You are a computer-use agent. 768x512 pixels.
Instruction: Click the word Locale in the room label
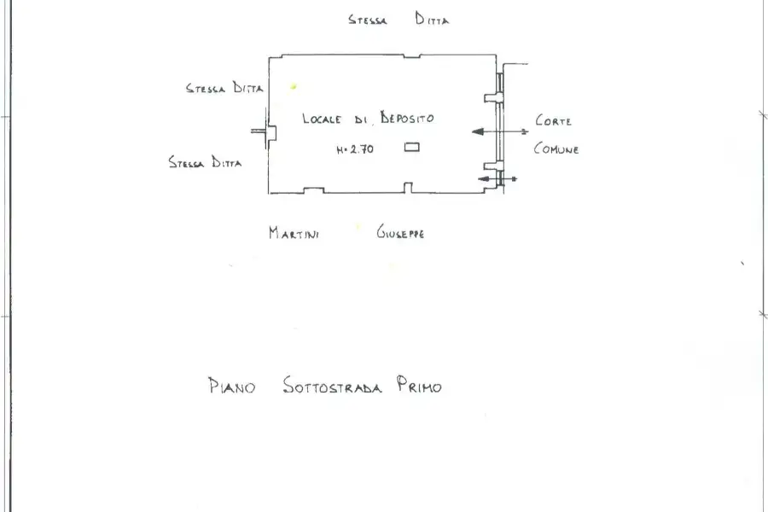[x=322, y=119]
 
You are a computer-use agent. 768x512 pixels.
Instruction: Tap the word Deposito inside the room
[x=407, y=118]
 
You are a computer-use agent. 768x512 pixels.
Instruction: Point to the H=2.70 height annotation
[x=355, y=149]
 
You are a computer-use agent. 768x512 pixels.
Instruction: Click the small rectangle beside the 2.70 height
[x=412, y=147]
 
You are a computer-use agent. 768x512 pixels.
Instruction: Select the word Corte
[x=554, y=120]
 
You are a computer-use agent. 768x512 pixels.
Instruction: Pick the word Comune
[x=556, y=148]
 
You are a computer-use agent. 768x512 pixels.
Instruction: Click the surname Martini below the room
[x=294, y=233]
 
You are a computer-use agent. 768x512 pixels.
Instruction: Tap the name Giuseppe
[x=400, y=232]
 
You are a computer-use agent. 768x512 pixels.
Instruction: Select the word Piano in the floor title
[x=231, y=386]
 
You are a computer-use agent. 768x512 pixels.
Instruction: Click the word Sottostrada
[x=332, y=386]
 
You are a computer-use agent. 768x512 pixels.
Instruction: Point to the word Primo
[x=419, y=385]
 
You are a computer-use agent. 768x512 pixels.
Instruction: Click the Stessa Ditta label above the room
[x=399, y=19]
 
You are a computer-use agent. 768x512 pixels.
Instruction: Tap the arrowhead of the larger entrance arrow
[x=478, y=131]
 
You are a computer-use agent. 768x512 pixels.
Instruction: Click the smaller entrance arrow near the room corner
[x=497, y=179]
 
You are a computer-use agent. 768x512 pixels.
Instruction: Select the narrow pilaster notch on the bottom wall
[x=408, y=188]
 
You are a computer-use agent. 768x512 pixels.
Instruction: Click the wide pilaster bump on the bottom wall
[x=313, y=190]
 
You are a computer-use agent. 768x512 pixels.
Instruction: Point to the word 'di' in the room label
[x=360, y=119]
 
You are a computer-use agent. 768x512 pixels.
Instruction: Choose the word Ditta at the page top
[x=432, y=19]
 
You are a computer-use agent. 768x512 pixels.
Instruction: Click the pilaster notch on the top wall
[x=412, y=56]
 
